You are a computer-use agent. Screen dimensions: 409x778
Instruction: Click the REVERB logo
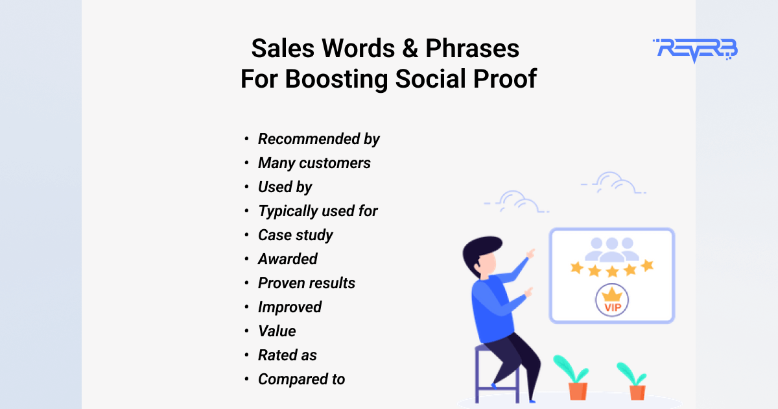coord(695,50)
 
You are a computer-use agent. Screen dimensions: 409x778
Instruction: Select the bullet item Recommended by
coord(318,139)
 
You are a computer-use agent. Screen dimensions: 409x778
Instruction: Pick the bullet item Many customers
coord(314,163)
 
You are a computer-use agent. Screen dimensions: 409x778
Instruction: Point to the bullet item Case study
coord(295,235)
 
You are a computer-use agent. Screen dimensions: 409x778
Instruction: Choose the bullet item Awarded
coord(287,259)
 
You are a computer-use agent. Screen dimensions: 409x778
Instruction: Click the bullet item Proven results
coord(306,283)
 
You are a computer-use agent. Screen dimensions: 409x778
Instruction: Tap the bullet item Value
coord(277,331)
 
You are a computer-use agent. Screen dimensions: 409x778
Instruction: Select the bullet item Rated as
coord(287,355)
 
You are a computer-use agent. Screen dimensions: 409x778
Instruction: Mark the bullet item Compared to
coord(301,379)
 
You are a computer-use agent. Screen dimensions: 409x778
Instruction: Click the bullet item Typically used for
coord(318,211)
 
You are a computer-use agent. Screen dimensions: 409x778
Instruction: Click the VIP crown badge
coord(612,300)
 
